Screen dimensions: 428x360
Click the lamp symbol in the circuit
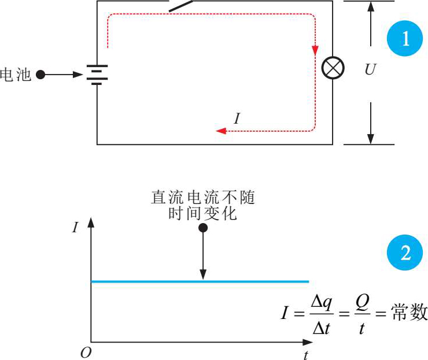tap(333, 68)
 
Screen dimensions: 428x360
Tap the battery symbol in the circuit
tap(97, 75)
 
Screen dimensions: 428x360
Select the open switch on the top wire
tap(181, 6)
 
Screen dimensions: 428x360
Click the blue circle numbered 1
tap(405, 38)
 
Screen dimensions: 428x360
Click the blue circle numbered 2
tap(405, 253)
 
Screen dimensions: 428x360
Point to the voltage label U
tap(370, 69)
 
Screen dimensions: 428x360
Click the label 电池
tap(15, 75)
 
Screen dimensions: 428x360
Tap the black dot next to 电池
tap(40, 75)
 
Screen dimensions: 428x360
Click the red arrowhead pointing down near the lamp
tap(315, 50)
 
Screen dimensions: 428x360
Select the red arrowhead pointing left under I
tap(221, 131)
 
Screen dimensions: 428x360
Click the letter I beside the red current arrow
tap(237, 118)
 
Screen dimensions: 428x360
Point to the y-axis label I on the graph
tap(75, 227)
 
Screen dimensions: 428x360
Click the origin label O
tap(86, 352)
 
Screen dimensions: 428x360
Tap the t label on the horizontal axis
tap(306, 355)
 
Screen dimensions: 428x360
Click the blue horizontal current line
tap(200, 281)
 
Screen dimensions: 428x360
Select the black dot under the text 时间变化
tap(203, 228)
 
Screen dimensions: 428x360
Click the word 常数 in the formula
tap(409, 311)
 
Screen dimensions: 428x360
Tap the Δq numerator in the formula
tap(322, 302)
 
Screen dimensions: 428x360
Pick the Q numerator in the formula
tap(362, 302)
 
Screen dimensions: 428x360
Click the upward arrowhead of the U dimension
tap(370, 6)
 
